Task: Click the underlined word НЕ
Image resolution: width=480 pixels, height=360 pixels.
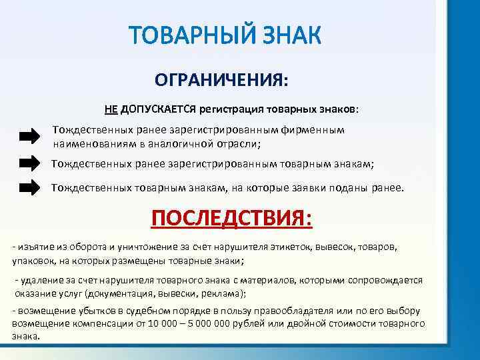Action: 111,108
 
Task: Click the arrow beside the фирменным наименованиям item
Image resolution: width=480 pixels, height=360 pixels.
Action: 29,137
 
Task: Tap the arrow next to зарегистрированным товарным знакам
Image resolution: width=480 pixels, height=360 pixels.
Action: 29,163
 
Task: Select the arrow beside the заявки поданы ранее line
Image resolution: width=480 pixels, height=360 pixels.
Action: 29,188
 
